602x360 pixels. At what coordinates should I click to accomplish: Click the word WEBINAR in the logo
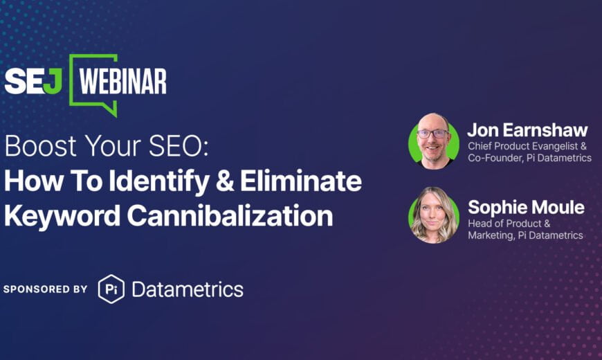[122, 82]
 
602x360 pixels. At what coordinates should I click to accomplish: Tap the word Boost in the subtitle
[41, 146]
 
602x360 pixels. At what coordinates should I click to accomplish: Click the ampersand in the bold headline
[225, 181]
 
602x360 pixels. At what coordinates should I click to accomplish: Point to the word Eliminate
[301, 181]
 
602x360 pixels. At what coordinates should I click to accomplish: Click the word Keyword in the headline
[62, 215]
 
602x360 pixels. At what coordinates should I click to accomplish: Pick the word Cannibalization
[230, 215]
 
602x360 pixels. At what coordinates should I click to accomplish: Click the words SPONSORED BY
[45, 289]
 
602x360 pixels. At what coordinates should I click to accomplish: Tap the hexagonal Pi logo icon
[111, 289]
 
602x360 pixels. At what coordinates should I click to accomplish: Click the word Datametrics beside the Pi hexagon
[188, 289]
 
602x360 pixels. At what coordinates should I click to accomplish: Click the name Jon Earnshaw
[527, 130]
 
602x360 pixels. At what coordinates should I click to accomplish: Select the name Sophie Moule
[526, 208]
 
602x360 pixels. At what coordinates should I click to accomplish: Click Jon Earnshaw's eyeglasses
[432, 134]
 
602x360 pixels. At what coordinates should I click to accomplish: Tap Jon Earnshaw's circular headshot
[434, 141]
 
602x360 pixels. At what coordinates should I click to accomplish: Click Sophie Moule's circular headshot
[434, 215]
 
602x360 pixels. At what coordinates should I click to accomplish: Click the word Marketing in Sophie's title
[491, 235]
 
